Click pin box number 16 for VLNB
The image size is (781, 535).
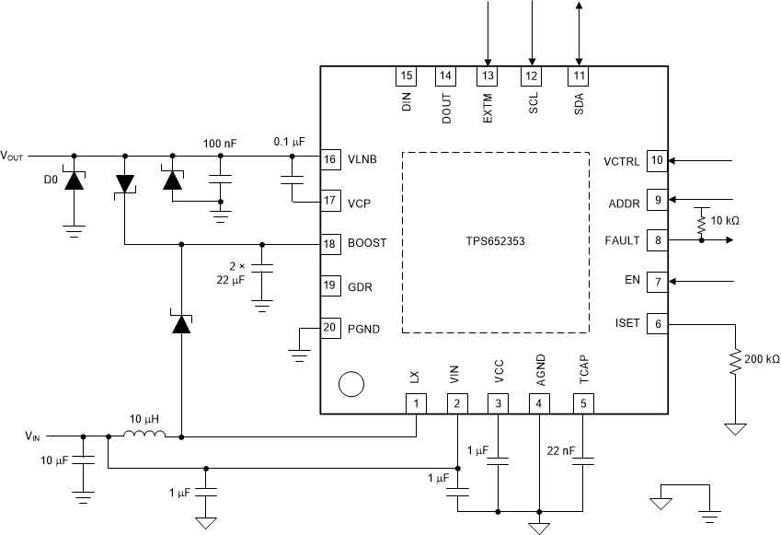point(329,159)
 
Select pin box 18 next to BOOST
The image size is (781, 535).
point(329,244)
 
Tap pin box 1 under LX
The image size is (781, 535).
point(417,402)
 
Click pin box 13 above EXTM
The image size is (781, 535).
point(487,76)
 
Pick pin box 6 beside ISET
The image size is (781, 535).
point(657,323)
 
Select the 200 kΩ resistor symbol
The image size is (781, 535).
point(734,362)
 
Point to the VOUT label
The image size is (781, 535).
point(16,156)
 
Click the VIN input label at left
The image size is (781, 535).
point(32,435)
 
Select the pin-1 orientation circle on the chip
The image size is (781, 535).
point(350,384)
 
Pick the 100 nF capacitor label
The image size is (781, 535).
point(221,143)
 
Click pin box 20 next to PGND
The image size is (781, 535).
point(329,328)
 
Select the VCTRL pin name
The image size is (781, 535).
point(622,159)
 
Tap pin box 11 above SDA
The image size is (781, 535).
point(578,76)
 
